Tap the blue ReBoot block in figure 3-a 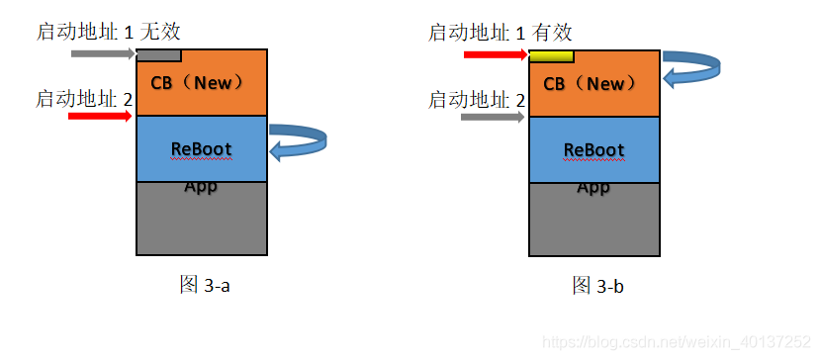point(202,149)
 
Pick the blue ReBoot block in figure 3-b point(593,149)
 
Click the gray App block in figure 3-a point(202,220)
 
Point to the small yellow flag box point(551,55)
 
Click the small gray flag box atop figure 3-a point(158,55)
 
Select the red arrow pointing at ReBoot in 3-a point(100,116)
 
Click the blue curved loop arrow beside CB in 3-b point(691,66)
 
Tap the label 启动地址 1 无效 point(110,33)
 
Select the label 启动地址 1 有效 point(501,33)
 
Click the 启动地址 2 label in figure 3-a point(84,98)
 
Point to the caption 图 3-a point(205,285)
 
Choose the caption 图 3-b point(597,286)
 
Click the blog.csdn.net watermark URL point(678,341)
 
